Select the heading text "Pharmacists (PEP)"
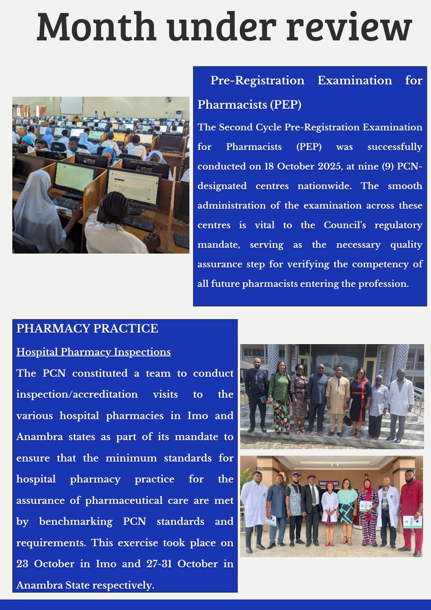[x=249, y=105]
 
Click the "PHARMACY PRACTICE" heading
[x=87, y=328]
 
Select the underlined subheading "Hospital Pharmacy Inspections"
[x=94, y=352]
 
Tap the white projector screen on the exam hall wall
[x=71, y=106]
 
